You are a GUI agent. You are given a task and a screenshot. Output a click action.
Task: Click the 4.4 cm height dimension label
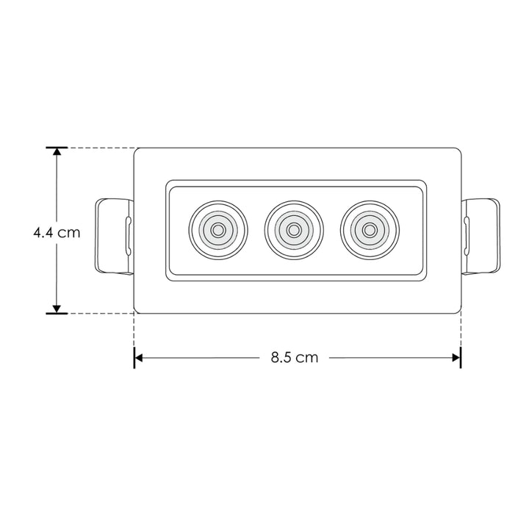click(x=57, y=232)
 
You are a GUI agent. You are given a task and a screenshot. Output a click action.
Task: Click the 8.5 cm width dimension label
click(x=294, y=359)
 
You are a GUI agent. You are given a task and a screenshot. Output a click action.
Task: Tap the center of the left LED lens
click(x=217, y=230)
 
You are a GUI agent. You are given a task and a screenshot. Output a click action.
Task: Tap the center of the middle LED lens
click(x=293, y=230)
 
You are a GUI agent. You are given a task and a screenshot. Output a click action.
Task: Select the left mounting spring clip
click(x=114, y=235)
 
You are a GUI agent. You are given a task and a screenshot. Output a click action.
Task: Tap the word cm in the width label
click(x=308, y=359)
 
